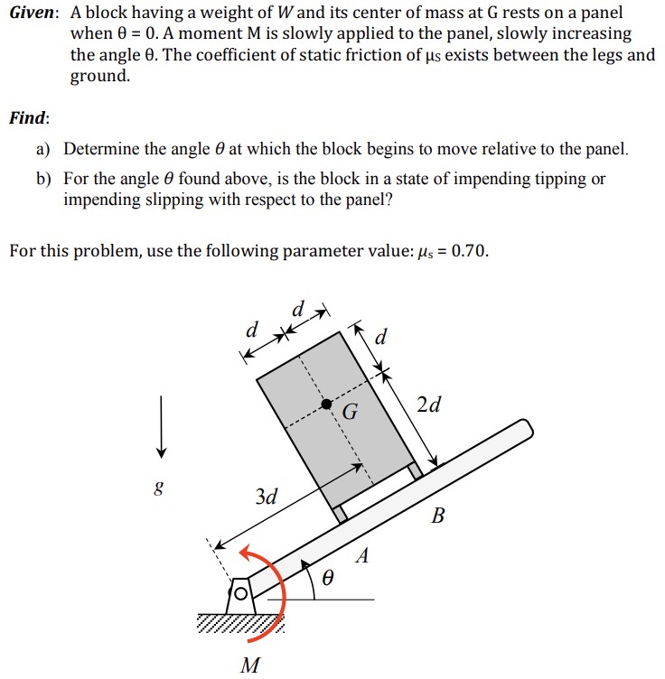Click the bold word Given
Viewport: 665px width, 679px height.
point(33,14)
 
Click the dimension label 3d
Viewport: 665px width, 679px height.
point(267,496)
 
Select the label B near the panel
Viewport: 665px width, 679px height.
point(439,516)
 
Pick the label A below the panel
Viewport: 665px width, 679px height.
point(361,556)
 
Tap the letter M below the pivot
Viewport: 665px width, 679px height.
point(251,666)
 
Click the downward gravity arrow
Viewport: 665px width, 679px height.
point(161,424)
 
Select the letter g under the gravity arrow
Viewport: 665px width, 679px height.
point(160,488)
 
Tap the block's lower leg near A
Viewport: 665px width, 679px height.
point(339,514)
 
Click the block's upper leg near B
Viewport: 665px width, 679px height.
point(416,470)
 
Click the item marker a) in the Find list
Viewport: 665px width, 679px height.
point(44,149)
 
